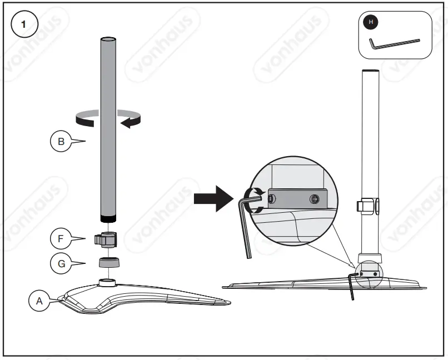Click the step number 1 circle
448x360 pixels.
click(x=23, y=24)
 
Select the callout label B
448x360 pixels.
click(x=61, y=142)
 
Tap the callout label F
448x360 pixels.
click(x=61, y=239)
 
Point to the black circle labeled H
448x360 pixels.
click(x=371, y=22)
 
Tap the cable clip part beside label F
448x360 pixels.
click(x=107, y=240)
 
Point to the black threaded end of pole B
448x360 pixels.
click(x=108, y=217)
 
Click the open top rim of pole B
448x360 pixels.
click(x=108, y=39)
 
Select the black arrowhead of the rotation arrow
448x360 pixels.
click(x=128, y=121)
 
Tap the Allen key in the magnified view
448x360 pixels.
click(x=245, y=222)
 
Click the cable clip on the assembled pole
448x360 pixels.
click(x=369, y=206)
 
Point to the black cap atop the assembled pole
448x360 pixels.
click(x=370, y=72)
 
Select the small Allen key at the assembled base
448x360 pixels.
click(x=352, y=283)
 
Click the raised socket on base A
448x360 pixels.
click(x=107, y=282)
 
